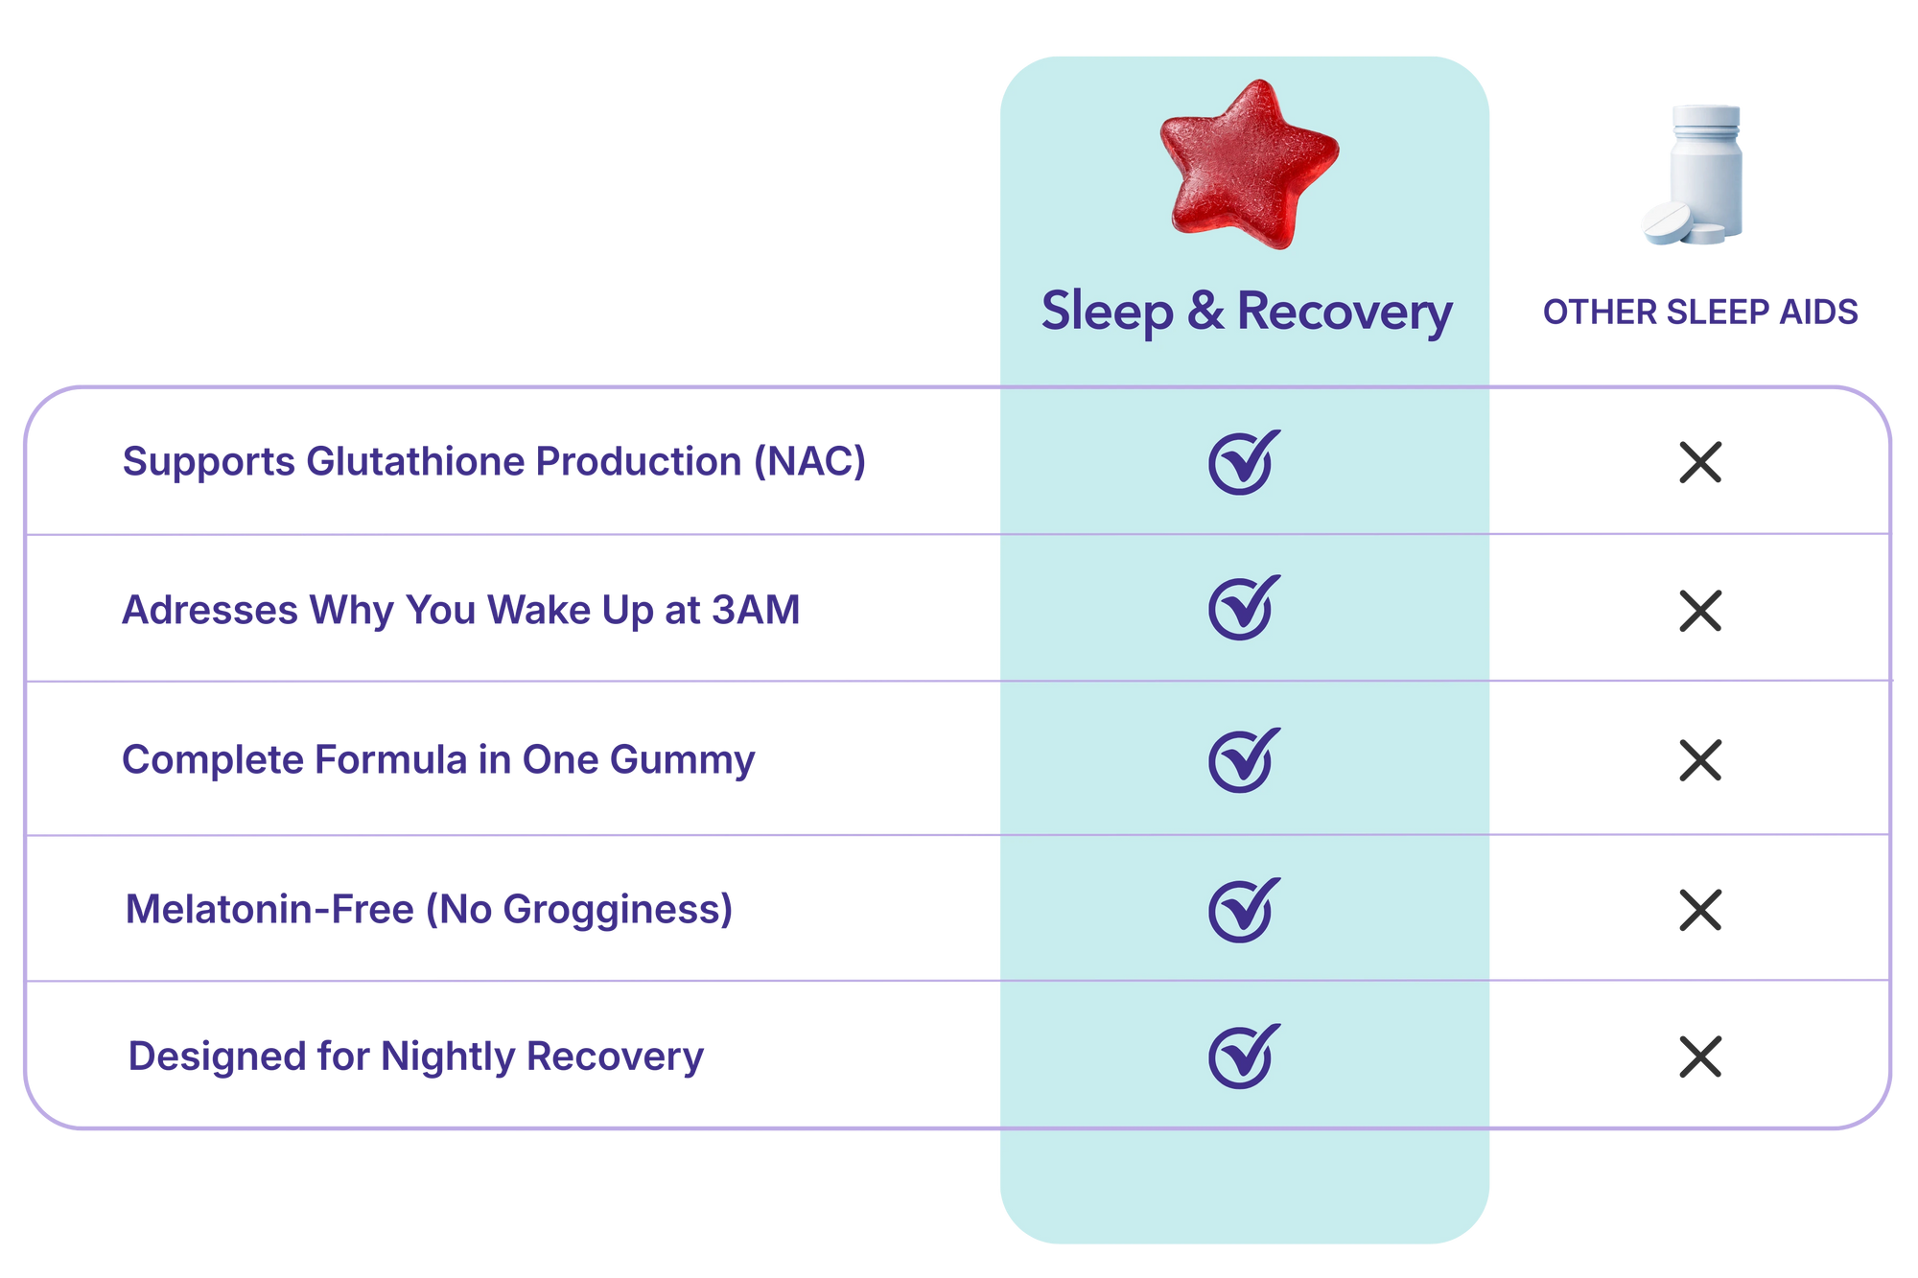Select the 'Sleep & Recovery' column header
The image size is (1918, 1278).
[x=1247, y=312]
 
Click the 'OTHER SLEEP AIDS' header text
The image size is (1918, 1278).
[x=1700, y=313]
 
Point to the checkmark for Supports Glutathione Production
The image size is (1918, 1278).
[x=1244, y=462]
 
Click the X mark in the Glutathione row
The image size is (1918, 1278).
[x=1700, y=462]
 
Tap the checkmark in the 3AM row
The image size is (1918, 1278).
[x=1244, y=608]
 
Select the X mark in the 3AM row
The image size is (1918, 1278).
[x=1700, y=611]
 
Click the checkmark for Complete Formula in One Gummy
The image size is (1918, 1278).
[x=1244, y=760]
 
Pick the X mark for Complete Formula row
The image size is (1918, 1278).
[x=1700, y=760]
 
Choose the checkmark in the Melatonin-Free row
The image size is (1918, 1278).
[x=1244, y=910]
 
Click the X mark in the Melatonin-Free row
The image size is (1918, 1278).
[x=1700, y=910]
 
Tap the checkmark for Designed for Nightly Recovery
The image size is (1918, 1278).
[x=1244, y=1057]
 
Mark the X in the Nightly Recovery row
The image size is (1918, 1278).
[x=1700, y=1057]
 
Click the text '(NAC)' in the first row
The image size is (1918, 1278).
[x=809, y=462]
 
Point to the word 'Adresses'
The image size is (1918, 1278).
[x=210, y=610]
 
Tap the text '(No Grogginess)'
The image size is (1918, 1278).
[x=579, y=910]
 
